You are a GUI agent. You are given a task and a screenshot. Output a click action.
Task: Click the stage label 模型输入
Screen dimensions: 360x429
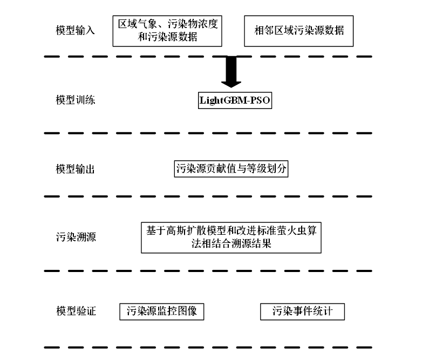pos(76,30)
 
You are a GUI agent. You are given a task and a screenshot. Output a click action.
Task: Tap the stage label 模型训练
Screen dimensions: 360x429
pos(76,100)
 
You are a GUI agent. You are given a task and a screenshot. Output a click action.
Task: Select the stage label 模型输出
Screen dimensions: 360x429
pos(76,169)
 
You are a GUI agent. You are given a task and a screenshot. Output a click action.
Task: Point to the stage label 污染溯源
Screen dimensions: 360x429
pos(76,237)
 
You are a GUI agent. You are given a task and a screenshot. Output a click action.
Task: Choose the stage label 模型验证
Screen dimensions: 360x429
pos(76,311)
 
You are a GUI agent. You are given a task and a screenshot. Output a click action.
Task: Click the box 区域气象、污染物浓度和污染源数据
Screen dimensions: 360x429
pos(168,31)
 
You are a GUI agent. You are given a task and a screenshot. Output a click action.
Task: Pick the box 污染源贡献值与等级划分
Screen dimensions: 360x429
pos(231,169)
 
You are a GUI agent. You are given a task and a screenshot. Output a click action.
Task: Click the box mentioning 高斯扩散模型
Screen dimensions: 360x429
pos(231,237)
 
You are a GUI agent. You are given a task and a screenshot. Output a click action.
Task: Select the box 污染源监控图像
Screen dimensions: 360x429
pos(162,311)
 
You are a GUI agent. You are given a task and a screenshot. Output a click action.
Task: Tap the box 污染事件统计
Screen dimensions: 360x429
pos(302,311)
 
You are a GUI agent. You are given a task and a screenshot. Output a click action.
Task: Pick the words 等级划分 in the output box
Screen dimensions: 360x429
pos(268,169)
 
